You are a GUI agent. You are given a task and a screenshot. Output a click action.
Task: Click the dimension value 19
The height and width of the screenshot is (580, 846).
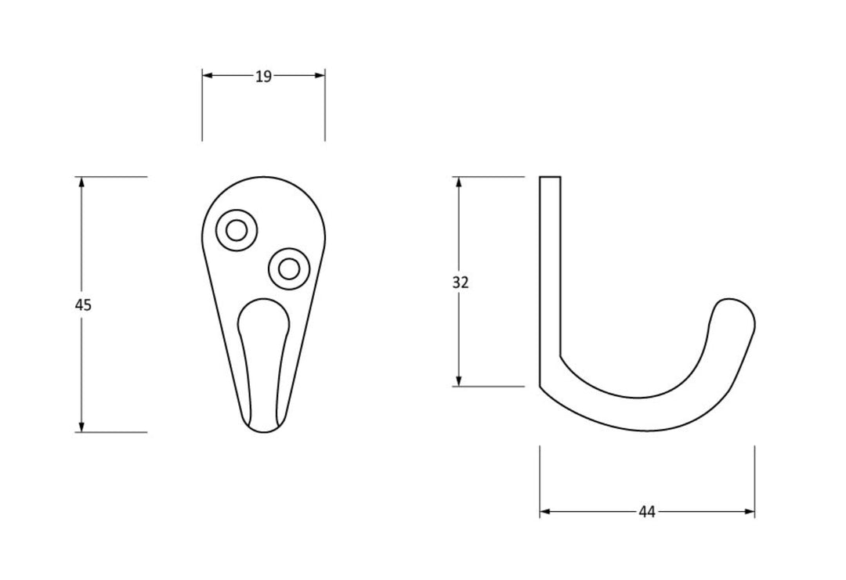pos(263,76)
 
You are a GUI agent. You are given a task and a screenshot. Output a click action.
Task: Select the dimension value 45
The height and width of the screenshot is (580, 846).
pos(83,304)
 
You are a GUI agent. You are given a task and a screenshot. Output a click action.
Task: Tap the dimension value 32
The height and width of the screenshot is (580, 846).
pos(461,283)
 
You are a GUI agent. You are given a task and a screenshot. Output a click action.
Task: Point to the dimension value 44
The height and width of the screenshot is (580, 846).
pos(646,512)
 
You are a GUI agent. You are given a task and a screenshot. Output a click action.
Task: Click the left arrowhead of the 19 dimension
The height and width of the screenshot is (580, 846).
pos(208,75)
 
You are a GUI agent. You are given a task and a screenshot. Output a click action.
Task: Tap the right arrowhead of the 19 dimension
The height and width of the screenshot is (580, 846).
pos(320,75)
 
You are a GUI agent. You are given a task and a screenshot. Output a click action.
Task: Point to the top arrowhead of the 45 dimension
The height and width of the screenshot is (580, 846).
pos(81,182)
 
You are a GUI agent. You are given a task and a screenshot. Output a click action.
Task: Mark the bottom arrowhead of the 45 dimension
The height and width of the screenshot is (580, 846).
pos(81,427)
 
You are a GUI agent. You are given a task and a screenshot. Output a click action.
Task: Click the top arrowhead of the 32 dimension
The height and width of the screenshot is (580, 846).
pos(459,182)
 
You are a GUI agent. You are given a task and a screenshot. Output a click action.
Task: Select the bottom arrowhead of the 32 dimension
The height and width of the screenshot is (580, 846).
pos(459,380)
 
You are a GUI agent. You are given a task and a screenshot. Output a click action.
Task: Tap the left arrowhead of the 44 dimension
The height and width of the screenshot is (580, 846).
pos(545,512)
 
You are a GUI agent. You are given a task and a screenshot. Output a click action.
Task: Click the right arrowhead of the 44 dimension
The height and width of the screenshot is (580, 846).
pos(750,512)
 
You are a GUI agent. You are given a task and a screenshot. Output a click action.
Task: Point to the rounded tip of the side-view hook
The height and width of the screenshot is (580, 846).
pos(736,309)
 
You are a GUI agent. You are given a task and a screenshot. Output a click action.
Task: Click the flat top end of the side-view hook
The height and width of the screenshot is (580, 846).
pos(550,178)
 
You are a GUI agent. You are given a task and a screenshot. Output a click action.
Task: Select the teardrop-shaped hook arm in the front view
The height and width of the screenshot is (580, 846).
pos(263,352)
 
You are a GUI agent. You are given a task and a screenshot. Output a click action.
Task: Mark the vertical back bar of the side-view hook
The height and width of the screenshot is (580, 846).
pos(550,274)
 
